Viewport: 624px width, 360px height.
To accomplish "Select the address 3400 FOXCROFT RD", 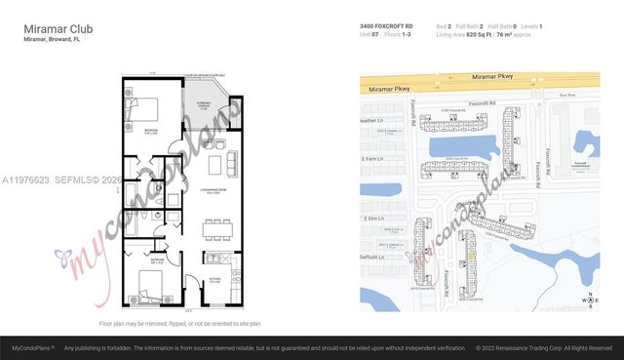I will [386, 25].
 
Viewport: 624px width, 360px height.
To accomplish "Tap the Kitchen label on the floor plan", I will [215, 281].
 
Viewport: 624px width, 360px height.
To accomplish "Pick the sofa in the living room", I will [230, 161].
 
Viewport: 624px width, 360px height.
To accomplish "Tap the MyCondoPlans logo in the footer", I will [32, 346].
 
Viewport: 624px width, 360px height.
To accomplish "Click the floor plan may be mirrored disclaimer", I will [179, 322].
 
